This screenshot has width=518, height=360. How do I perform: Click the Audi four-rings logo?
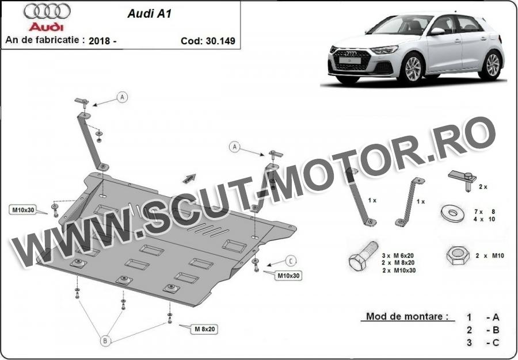point(47,12)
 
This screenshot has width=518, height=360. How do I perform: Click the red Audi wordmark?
point(46,26)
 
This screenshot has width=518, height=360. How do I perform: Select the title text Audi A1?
point(149,14)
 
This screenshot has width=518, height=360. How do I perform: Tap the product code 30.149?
point(220,41)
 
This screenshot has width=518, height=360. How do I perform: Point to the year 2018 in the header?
point(99,41)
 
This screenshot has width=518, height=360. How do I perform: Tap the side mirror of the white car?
point(437,32)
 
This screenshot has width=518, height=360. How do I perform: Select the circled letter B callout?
point(105,340)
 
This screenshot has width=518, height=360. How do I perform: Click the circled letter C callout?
point(291,261)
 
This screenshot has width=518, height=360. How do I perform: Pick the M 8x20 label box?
point(204,329)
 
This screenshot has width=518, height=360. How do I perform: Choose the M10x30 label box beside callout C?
point(288,275)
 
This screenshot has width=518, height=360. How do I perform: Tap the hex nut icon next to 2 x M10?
point(458,255)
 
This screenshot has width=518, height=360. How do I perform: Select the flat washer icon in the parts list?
point(452,213)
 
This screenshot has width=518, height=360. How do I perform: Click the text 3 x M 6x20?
point(397,255)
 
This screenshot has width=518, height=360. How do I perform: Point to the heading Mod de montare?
point(407,316)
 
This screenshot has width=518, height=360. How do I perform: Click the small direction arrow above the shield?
point(189,178)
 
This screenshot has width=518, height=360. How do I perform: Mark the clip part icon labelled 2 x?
point(463,180)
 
